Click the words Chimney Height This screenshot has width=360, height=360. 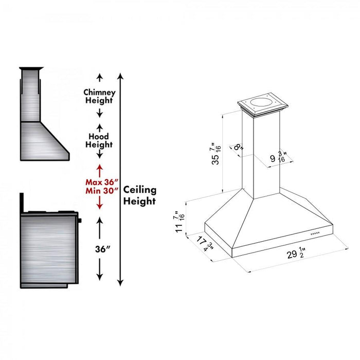click(x=100, y=97)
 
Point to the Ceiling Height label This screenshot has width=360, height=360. click(x=139, y=195)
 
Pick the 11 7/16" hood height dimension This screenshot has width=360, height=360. click(x=179, y=221)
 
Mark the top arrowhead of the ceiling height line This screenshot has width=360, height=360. click(x=120, y=76)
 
